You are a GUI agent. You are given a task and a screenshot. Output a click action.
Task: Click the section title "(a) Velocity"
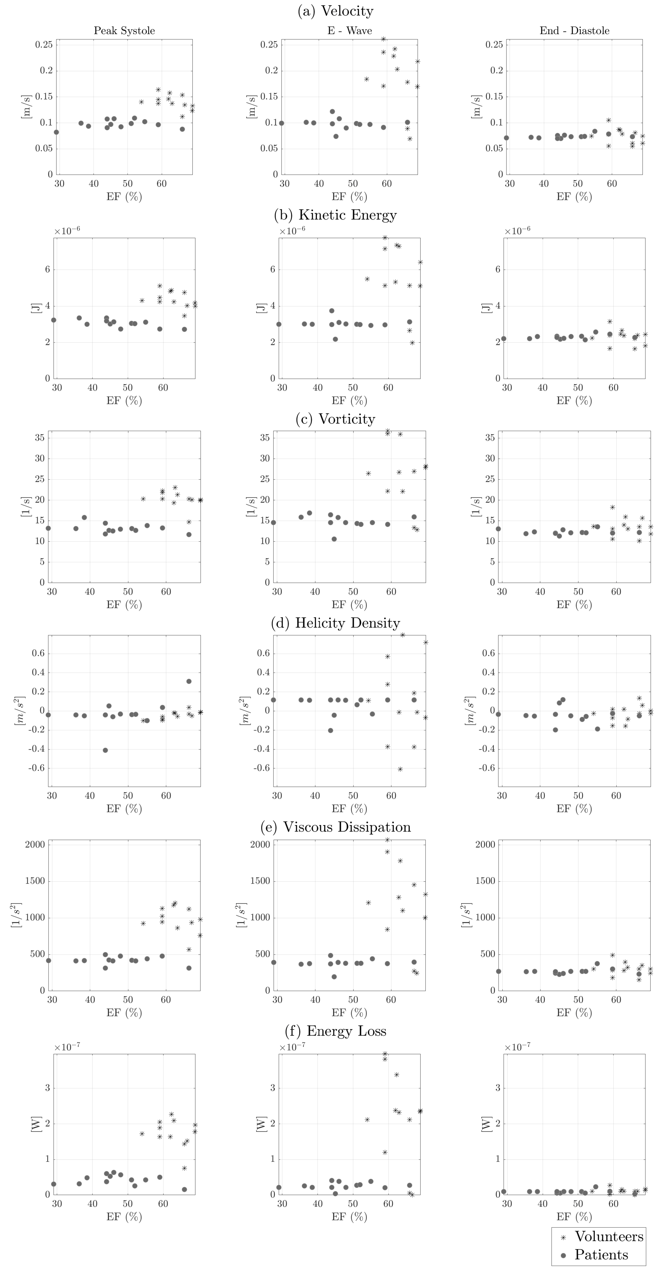pos(335,11)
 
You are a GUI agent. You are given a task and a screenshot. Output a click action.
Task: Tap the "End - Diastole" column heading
pos(574,31)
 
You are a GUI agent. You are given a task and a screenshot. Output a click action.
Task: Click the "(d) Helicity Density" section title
pos(335,623)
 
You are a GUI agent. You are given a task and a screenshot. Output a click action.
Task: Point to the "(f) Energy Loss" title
pos(335,1031)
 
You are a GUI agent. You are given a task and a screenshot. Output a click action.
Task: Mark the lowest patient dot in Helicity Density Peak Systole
pos(105,750)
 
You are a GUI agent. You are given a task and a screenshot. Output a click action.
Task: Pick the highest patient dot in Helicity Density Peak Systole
pos(189,681)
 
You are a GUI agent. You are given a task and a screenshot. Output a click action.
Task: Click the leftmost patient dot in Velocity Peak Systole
pos(57,132)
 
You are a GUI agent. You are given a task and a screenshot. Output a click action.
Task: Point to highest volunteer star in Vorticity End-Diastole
pos(612,507)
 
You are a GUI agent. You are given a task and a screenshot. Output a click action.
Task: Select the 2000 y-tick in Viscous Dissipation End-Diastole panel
pos(485,845)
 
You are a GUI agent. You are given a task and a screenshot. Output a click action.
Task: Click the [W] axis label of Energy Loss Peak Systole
pos(36,1124)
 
